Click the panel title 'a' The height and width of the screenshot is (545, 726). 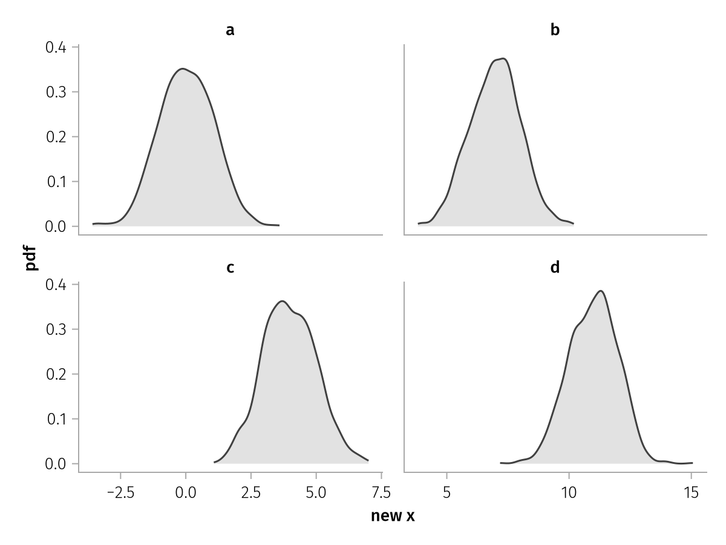[x=231, y=30]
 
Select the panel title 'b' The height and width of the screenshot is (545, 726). [x=555, y=30]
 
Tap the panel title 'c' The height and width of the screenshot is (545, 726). [x=231, y=268]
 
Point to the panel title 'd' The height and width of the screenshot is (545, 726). [x=555, y=266]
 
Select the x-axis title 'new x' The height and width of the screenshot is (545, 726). [x=393, y=516]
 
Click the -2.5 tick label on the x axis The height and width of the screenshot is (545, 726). [x=121, y=493]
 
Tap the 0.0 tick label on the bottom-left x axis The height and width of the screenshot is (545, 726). [x=186, y=493]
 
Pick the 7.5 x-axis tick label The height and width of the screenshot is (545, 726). [x=381, y=493]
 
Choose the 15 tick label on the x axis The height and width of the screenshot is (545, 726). [x=691, y=493]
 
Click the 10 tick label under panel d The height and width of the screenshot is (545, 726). [x=569, y=493]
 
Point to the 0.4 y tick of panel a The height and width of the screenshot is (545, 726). [x=56, y=47]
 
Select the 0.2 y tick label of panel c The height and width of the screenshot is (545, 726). [x=56, y=374]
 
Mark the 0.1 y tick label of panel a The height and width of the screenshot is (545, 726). [x=56, y=182]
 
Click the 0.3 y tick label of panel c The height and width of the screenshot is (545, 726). [x=56, y=329]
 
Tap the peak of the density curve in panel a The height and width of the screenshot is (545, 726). [x=183, y=69]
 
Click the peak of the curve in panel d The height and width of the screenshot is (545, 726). [x=601, y=291]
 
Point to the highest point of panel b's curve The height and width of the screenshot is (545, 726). [x=503, y=59]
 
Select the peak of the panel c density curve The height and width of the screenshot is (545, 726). [x=282, y=301]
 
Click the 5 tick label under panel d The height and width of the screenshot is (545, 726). [x=447, y=493]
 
